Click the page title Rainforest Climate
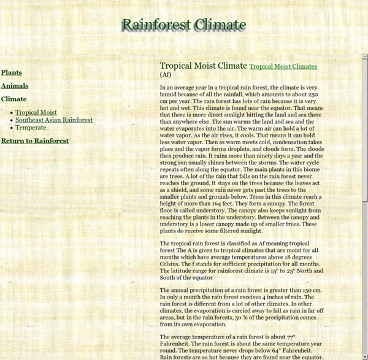tap(183, 25)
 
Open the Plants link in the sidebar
tap(12, 72)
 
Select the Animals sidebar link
tap(15, 86)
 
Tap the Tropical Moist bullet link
tap(36, 113)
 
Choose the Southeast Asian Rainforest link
tap(54, 120)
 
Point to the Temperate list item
tap(31, 128)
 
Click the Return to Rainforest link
tap(35, 140)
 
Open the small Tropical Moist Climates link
tap(283, 66)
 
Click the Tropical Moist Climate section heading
tap(203, 66)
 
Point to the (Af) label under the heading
tap(166, 75)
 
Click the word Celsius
tap(171, 264)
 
